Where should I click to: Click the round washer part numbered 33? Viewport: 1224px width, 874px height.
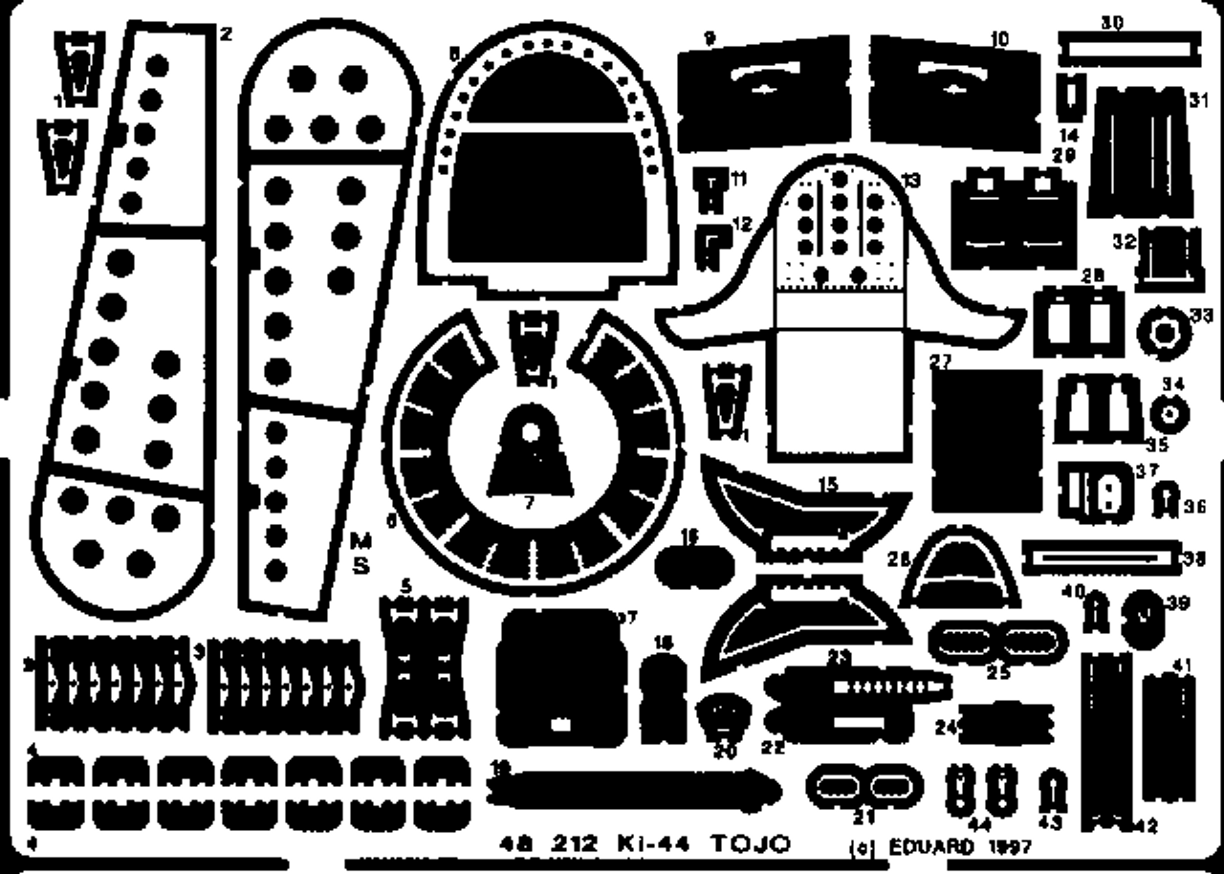pyautogui.click(x=1165, y=333)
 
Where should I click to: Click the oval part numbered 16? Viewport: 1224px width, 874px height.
pyautogui.click(x=694, y=564)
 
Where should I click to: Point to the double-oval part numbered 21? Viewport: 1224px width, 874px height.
pyautogui.click(x=864, y=786)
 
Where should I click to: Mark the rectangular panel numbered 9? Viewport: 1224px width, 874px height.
pyautogui.click(x=762, y=92)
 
